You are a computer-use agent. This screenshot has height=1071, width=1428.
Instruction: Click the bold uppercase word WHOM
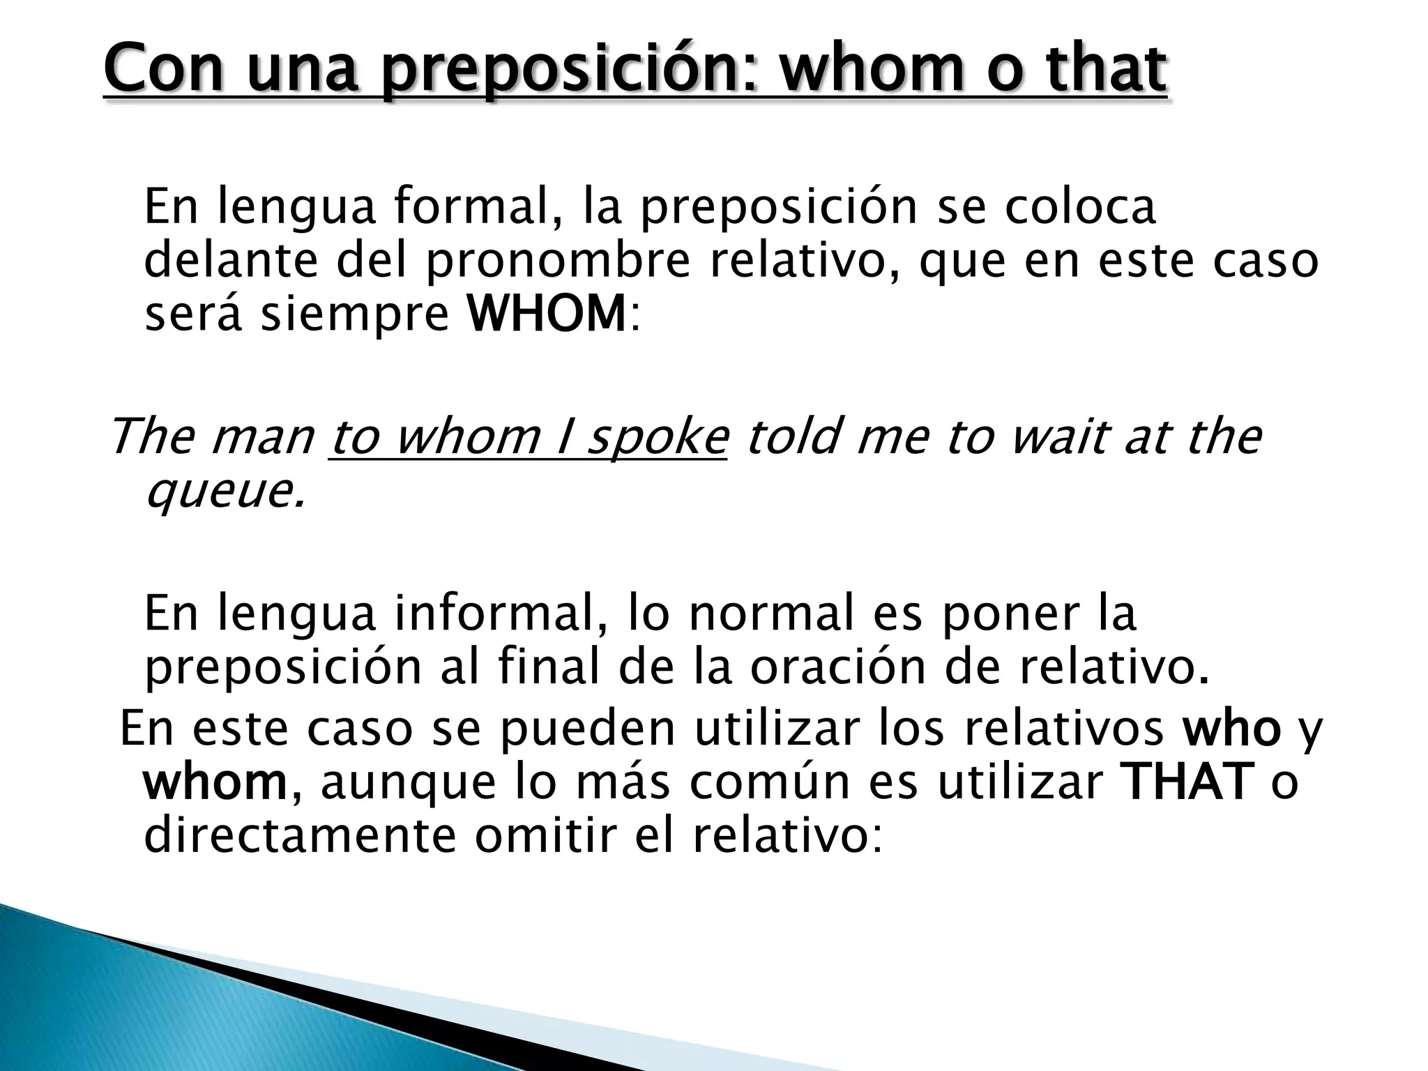click(546, 314)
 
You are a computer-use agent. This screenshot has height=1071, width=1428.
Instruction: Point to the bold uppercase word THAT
click(1185, 782)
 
